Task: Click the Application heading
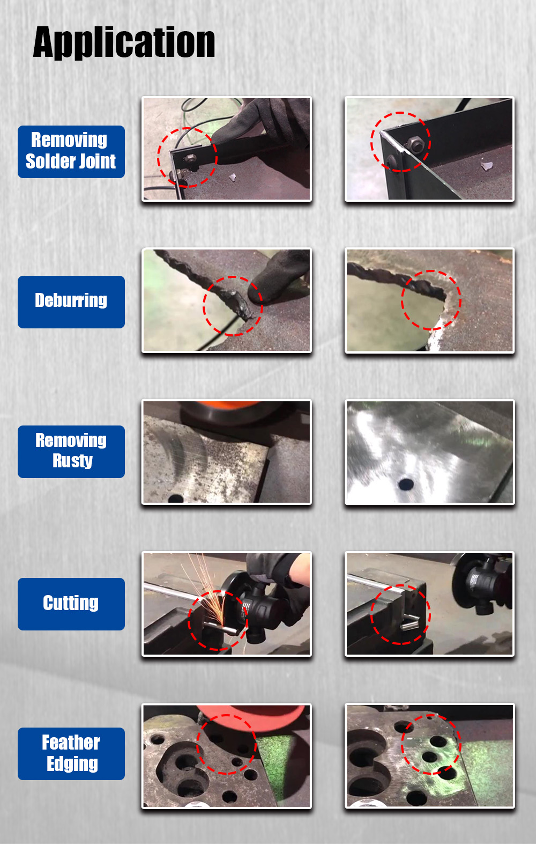(x=124, y=42)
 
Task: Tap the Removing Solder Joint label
(x=71, y=151)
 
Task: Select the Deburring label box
(x=71, y=302)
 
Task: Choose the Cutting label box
(x=71, y=604)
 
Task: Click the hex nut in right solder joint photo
(x=415, y=144)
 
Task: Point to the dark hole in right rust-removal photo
(x=406, y=483)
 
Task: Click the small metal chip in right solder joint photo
(x=487, y=166)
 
